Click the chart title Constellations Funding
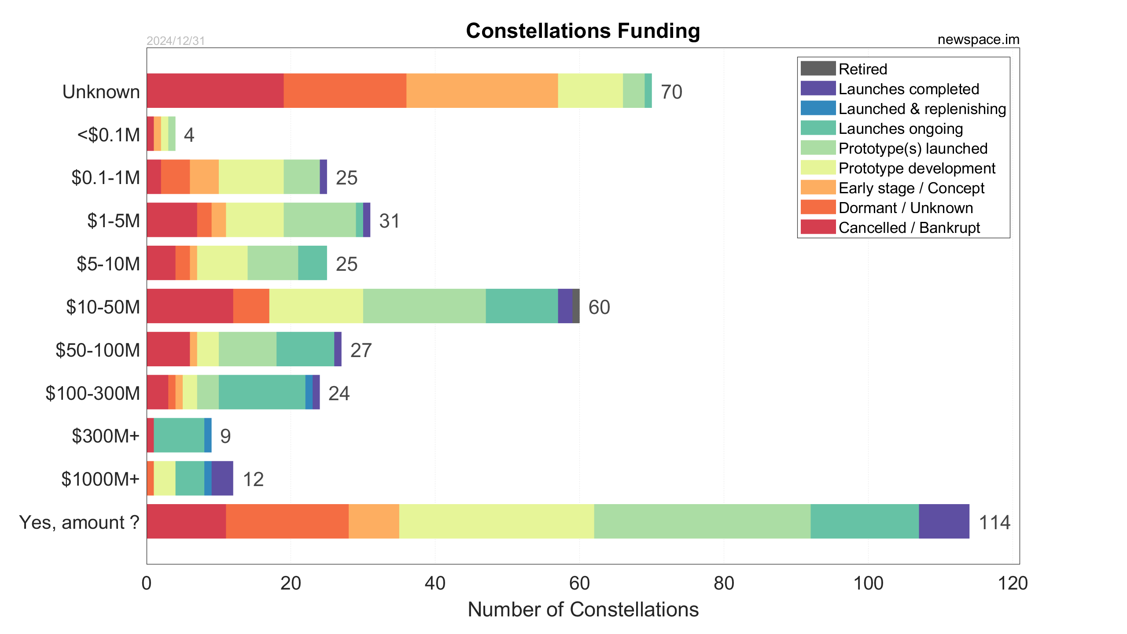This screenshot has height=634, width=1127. coord(583,31)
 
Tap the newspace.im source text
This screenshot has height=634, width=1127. coord(978,40)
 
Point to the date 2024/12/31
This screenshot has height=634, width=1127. coord(176,41)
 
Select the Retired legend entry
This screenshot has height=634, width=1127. coord(862,69)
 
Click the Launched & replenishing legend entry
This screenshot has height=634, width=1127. coord(922,109)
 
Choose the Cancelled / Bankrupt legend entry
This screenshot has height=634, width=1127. coord(909,228)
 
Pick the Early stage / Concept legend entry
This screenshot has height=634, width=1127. coord(911,188)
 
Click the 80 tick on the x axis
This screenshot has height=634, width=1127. coord(724,583)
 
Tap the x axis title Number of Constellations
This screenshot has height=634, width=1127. coord(583,610)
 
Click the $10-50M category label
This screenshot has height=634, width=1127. coord(103,307)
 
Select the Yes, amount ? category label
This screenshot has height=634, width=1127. coord(79,522)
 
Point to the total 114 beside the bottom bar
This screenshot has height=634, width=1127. coord(994,522)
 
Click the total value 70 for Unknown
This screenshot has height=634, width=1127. coord(671,92)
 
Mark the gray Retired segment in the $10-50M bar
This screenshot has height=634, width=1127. coord(576,306)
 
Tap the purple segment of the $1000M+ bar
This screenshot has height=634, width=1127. coord(222,478)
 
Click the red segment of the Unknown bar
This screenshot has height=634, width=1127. coord(215,91)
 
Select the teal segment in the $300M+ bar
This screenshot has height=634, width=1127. coord(179,435)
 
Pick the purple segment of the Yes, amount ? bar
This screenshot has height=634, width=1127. coord(944,521)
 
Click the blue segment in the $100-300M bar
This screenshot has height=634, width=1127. coord(309,392)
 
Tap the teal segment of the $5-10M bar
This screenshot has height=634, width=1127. coord(313,263)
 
